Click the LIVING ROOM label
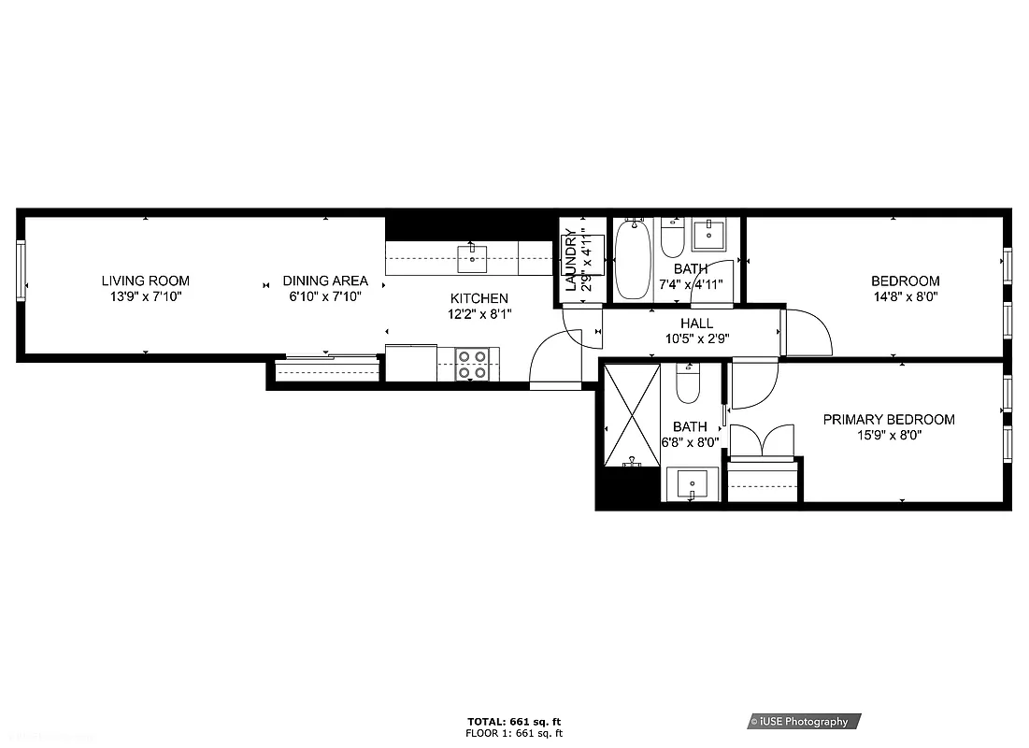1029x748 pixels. point(145,280)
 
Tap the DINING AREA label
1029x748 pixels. point(325,280)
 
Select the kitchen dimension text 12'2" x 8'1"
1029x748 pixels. point(479,314)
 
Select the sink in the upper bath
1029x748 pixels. point(711,235)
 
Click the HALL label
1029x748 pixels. point(696,324)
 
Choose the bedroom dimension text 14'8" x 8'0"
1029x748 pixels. point(905,295)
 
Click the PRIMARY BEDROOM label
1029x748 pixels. point(889,420)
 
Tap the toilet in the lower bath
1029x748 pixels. point(689,383)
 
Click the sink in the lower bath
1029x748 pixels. point(692,485)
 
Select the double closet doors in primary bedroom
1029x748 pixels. point(763,440)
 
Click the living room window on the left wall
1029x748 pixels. point(21,270)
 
